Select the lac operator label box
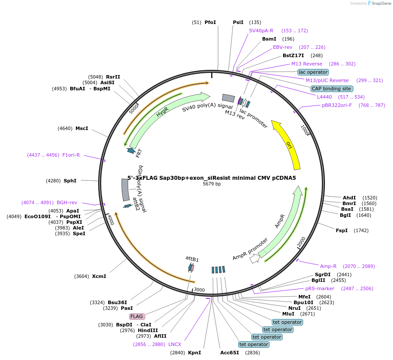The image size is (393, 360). pos(313,72)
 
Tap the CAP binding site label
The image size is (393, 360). pos(331,89)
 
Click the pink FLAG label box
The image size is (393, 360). pos(137,316)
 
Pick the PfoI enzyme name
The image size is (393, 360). pos(210,22)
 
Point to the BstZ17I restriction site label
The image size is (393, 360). pos(293,55)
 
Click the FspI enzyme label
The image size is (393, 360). pos(342,230)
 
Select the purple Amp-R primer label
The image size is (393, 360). pos(328,266)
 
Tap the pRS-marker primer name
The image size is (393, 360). pos(320,288)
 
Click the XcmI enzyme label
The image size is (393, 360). pos(99,276)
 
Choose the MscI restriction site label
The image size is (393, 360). pos(82,128)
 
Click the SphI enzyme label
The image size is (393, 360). pos(70,181)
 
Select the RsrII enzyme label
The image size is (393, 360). pos(113,76)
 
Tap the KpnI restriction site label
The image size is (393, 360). pos(195,353)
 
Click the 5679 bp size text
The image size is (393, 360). pos(212,184)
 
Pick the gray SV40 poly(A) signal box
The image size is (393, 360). pos(228,99)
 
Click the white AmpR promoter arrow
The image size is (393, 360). pos(254,259)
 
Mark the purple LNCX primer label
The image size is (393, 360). pos(175,344)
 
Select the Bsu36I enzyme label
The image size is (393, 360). pos(116,302)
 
